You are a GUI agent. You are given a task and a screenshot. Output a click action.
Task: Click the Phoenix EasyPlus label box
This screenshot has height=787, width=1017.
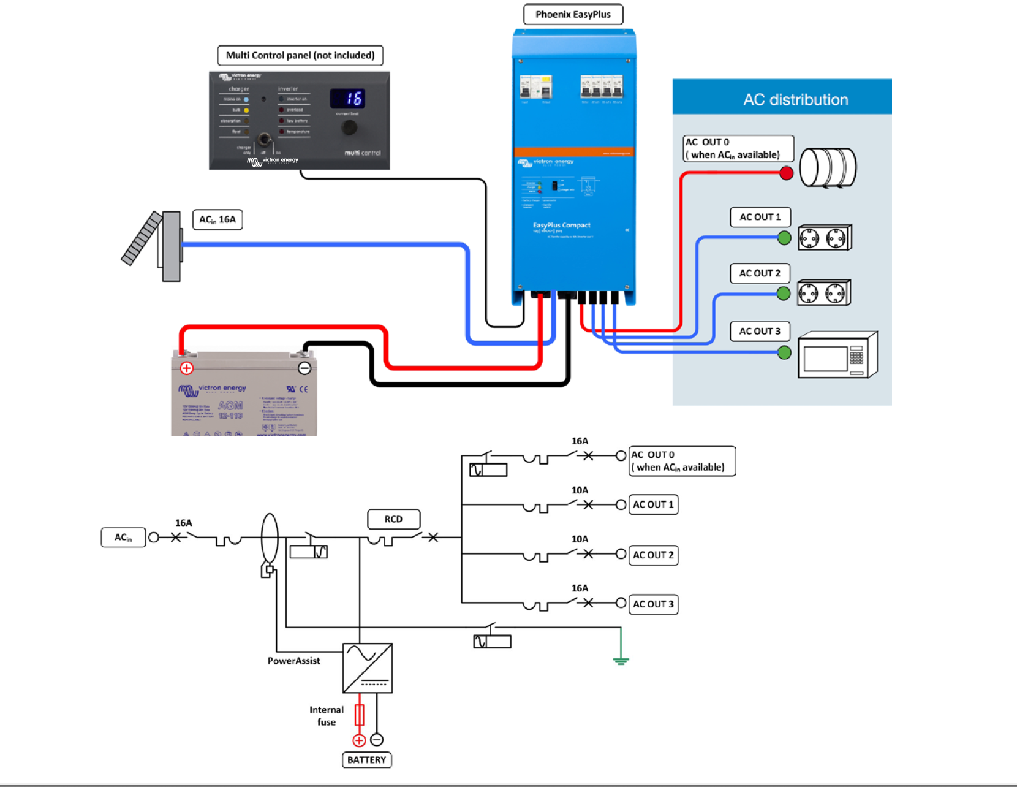573,15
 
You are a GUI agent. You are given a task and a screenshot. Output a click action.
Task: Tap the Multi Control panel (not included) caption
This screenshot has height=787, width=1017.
300,55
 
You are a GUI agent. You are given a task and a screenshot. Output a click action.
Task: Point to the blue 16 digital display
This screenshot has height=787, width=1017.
348,98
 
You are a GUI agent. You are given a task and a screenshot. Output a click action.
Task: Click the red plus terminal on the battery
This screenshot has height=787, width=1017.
187,368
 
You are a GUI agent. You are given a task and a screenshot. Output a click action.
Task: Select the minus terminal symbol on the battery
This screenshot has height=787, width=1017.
304,368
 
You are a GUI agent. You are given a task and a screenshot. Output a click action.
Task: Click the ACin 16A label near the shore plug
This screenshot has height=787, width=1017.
217,219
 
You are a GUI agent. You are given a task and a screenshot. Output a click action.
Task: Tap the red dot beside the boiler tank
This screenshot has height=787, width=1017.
787,173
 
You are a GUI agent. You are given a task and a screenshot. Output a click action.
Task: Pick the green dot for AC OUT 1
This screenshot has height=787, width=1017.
784,238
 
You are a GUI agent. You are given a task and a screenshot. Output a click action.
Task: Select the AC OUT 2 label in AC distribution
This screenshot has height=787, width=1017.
760,273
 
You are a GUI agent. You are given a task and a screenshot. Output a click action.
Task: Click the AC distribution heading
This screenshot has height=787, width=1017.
795,100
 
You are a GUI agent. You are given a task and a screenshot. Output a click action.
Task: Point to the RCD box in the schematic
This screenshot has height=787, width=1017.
393,519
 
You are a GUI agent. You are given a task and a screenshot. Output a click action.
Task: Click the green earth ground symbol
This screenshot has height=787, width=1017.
621,660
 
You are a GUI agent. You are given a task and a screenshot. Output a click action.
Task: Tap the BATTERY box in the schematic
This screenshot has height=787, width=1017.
366,760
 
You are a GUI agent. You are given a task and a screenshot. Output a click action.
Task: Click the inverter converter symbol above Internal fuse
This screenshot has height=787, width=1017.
368,668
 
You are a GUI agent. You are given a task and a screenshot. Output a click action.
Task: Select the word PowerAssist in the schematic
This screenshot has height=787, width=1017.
293,661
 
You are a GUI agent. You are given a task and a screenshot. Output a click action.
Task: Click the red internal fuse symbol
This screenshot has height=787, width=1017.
360,715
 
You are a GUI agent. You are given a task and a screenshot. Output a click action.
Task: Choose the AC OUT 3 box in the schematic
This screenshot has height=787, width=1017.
653,604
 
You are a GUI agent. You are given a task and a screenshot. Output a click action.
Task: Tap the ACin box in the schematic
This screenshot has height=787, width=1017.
123,538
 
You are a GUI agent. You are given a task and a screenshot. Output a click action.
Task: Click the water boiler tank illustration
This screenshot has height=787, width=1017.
828,167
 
